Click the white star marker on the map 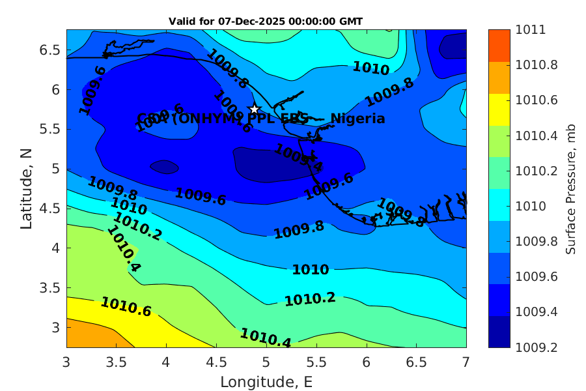255,109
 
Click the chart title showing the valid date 266,22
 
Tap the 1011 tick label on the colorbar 531,30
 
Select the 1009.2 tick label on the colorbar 536,347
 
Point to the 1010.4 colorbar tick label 536,136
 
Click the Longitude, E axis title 267,382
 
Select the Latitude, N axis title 27,188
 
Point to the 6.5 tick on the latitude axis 51,50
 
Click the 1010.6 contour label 126,307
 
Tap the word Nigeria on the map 357,119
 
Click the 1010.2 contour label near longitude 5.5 310,299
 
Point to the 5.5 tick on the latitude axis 51,129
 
